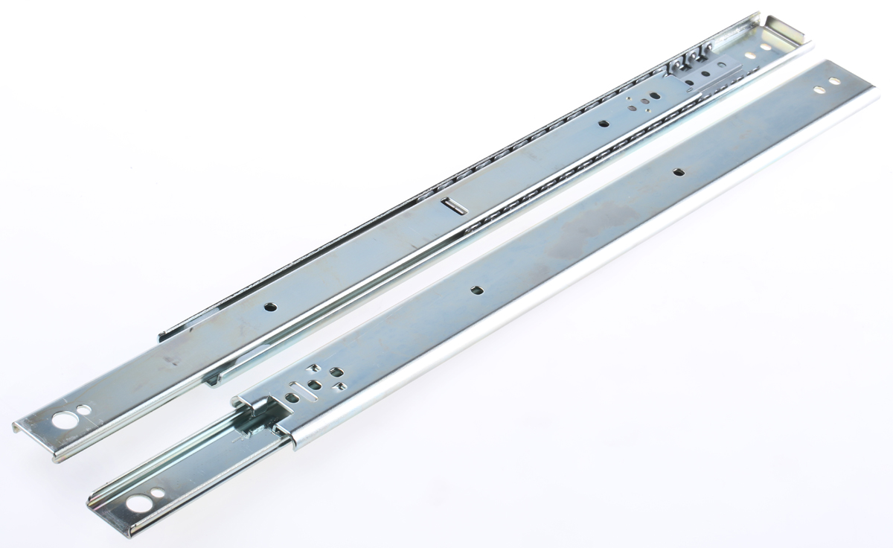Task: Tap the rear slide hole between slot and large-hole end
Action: pos(271,306)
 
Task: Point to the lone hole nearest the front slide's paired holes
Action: pos(678,171)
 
